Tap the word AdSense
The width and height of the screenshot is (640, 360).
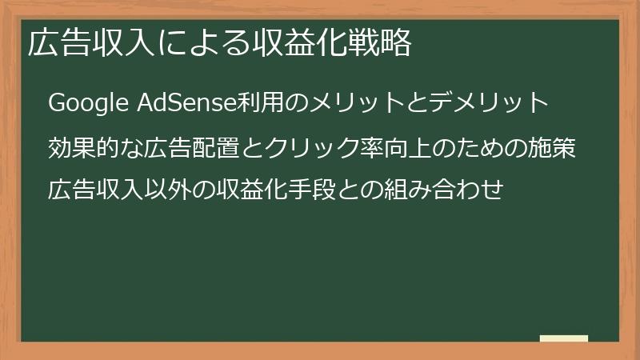coord(185,104)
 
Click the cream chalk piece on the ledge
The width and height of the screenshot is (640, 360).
coord(564,339)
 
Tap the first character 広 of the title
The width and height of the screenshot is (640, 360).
coord(42,44)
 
